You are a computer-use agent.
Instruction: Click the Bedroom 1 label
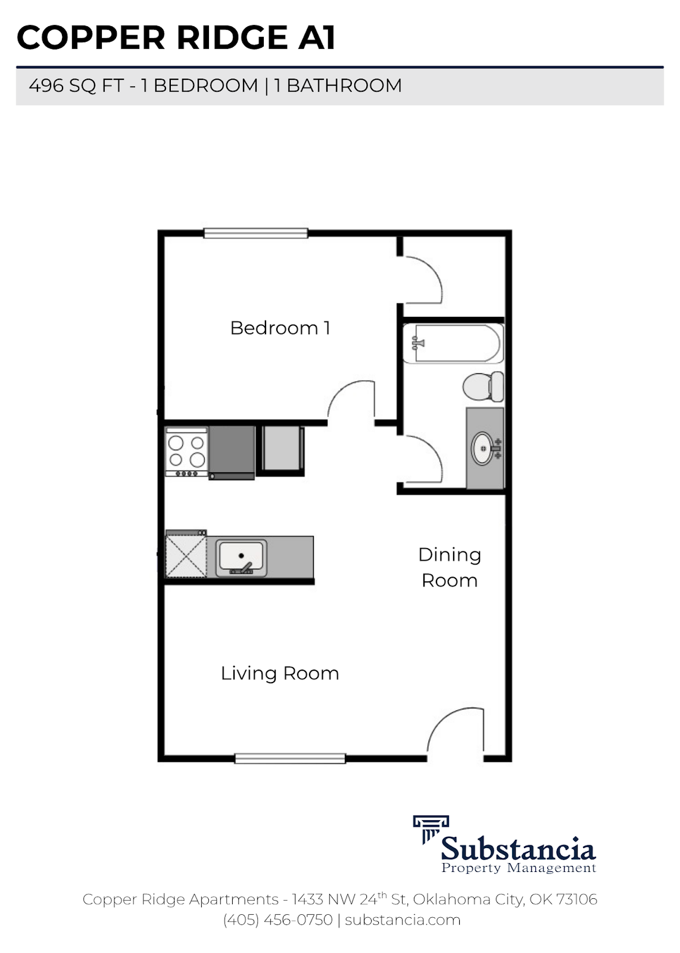coord(280,328)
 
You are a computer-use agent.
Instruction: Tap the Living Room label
coord(280,674)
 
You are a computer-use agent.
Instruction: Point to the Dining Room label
coord(450,568)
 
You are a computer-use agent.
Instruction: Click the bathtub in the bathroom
coord(453,344)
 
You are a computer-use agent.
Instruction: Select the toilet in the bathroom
coord(483,387)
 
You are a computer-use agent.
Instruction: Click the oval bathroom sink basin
coord(482,448)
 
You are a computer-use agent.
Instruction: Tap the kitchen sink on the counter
coord(241,558)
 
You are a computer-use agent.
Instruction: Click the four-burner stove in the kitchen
coord(186,452)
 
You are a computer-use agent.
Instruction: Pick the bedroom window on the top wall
coord(255,233)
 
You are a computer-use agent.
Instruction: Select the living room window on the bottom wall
coord(290,759)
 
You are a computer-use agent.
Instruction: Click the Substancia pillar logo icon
coord(430,829)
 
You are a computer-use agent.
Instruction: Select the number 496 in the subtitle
coord(46,86)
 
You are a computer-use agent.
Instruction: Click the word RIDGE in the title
coord(233,38)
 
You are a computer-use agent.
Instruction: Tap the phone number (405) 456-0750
coord(277,920)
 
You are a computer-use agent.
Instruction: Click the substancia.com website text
coord(403,920)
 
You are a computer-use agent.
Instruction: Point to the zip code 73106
coord(576,899)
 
